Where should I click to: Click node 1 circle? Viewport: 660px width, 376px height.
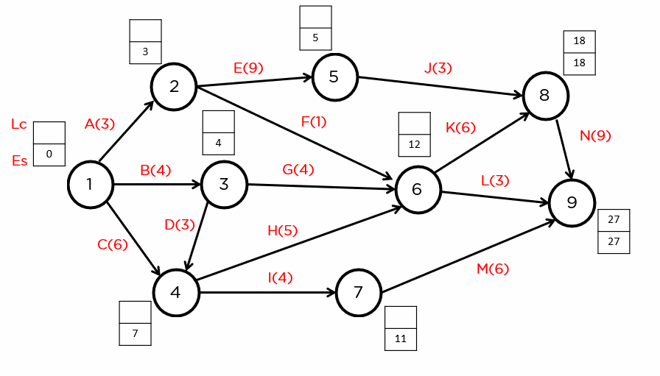90,184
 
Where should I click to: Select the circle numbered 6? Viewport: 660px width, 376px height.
418,189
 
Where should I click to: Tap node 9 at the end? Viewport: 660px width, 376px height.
572,202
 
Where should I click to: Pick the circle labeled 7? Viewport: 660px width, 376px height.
358,293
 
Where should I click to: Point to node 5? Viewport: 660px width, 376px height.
334,77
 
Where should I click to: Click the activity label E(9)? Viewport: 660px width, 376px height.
248,68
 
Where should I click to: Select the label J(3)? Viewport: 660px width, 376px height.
438,68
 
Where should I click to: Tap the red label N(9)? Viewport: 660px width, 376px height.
595,135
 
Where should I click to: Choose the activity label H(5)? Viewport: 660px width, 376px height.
282,230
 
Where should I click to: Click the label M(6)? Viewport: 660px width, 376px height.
493,269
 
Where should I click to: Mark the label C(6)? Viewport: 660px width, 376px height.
113,244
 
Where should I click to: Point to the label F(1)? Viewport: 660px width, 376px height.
314,121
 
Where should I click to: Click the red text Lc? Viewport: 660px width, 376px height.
19,124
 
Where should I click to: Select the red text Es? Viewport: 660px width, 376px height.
20,160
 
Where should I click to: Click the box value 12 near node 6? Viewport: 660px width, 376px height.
414,145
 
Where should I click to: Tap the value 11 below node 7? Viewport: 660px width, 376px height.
401,339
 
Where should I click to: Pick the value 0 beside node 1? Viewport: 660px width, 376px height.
49,155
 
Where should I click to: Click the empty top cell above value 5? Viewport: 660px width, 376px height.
315,17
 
